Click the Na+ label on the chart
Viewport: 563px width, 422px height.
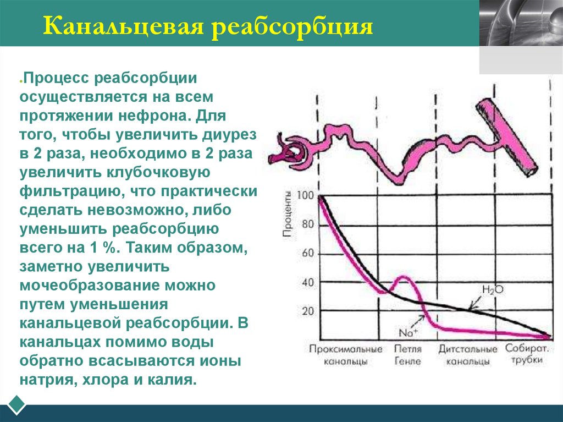(x=408, y=332)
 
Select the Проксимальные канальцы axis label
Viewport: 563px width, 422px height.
(x=346, y=355)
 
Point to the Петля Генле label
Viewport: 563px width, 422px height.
(x=407, y=355)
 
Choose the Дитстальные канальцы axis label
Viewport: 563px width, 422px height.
(x=468, y=355)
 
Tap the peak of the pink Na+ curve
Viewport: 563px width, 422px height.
(x=404, y=277)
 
